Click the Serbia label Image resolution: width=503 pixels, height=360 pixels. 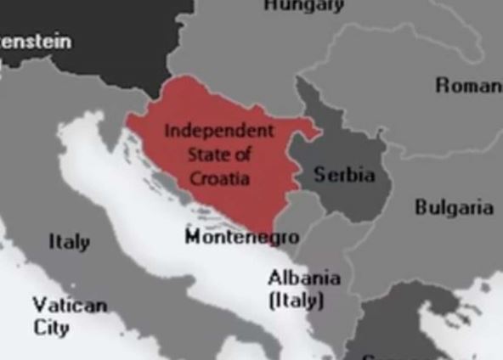[344, 175]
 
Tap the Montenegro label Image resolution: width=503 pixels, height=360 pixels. [241, 236]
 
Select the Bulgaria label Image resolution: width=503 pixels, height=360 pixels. [454, 207]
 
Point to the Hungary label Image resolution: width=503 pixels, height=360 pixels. [303, 5]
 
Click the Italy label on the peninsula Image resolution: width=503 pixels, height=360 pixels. [69, 242]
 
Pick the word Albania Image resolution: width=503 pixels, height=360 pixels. [303, 278]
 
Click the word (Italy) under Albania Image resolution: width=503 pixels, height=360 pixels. [296, 300]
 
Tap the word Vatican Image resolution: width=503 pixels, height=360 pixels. [70, 306]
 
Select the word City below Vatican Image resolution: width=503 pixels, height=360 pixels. [51, 328]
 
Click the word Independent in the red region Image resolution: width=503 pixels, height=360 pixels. [219, 131]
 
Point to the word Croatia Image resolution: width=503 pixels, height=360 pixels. [219, 178]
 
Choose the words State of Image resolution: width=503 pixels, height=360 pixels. [219, 155]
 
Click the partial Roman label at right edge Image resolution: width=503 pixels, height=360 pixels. [468, 85]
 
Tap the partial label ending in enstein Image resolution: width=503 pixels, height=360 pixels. [36, 41]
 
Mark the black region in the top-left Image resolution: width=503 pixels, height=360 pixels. [102, 34]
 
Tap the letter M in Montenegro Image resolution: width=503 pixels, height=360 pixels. [193, 236]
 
